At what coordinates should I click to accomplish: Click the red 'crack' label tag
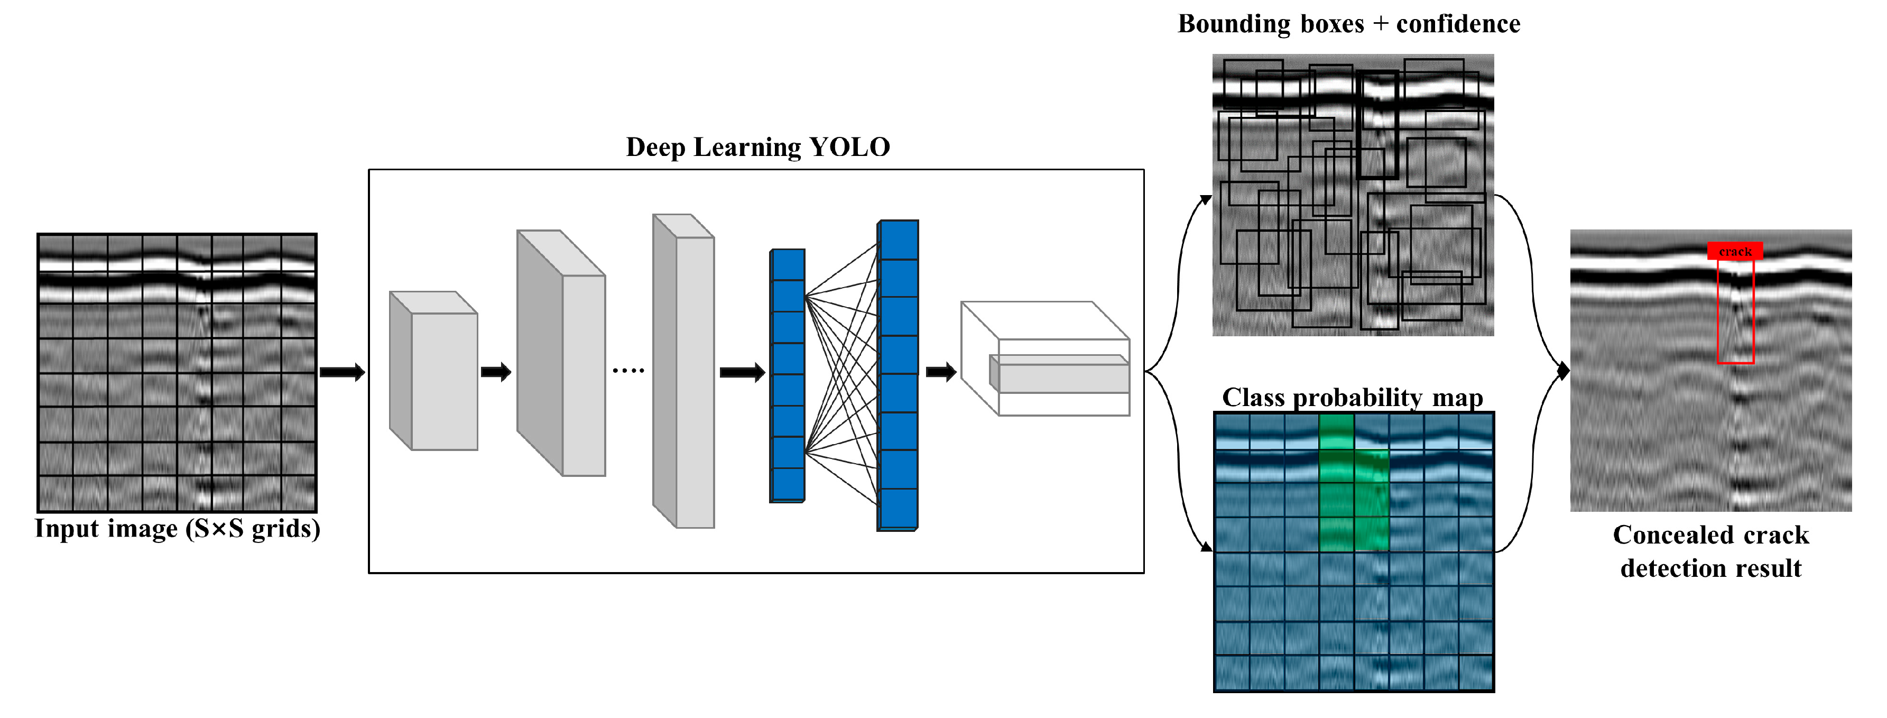tap(1735, 251)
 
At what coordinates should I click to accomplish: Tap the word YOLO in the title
tap(850, 148)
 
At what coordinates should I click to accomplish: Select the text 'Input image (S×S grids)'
tap(177, 529)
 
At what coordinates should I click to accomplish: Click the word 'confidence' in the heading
tap(1458, 24)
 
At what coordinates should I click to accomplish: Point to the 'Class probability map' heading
tap(1352, 398)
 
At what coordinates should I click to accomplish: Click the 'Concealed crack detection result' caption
tap(1710, 551)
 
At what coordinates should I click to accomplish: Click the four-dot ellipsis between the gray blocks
tap(628, 371)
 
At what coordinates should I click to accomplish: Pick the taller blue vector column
tap(898, 375)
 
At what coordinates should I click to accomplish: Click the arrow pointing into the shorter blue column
tap(742, 373)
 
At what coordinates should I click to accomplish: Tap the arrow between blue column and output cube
tap(941, 372)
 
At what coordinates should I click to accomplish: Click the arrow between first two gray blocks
tap(496, 372)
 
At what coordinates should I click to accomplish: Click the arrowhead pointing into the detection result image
tap(1563, 372)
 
